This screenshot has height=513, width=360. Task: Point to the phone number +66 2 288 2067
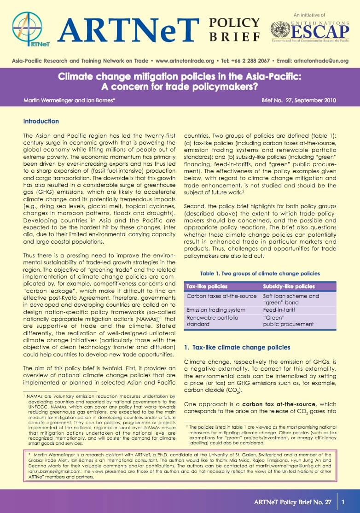249,60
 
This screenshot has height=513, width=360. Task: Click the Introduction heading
41,122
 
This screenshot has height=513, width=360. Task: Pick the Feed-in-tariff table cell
279,310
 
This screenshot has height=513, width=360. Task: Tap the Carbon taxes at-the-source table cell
220,296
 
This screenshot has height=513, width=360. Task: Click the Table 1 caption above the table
260,274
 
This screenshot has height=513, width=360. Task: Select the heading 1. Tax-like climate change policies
237,347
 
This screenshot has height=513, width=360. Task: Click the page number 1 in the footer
343,501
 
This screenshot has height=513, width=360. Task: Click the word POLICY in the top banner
235,22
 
